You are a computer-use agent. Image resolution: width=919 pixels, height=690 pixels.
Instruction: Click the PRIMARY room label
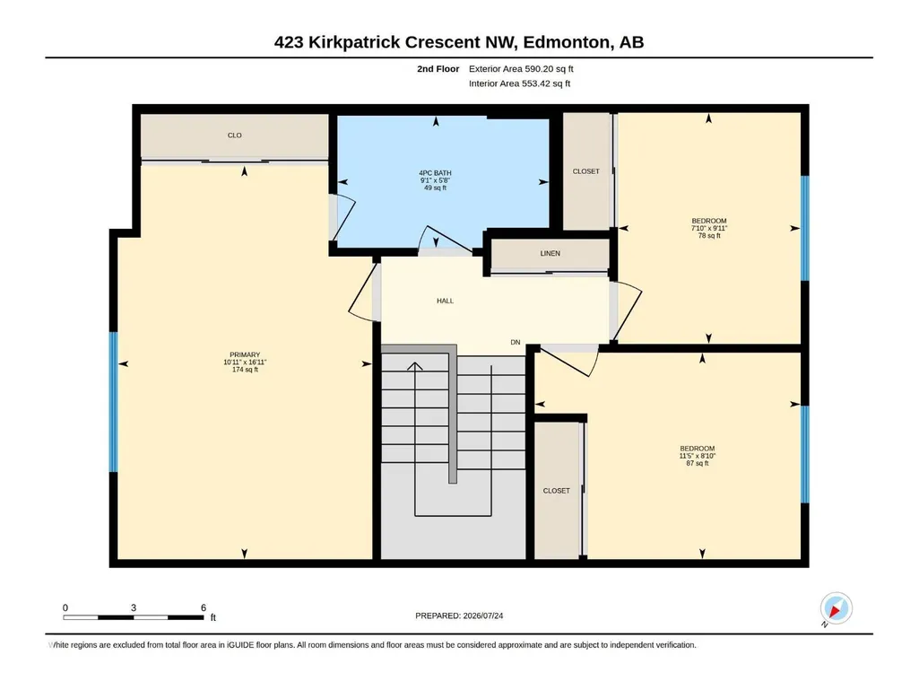[x=245, y=354]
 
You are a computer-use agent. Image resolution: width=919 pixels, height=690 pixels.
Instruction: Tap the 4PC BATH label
[x=435, y=173]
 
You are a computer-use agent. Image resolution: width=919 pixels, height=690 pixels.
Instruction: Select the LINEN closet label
[x=550, y=253]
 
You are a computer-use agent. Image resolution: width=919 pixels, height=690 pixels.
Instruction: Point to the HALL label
[x=445, y=301]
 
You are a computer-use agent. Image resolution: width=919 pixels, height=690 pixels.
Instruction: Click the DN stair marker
[x=516, y=342]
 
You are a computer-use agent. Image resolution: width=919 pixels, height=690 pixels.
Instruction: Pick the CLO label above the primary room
[x=234, y=135]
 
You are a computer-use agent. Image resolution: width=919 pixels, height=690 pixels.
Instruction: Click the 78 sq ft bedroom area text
[x=709, y=236]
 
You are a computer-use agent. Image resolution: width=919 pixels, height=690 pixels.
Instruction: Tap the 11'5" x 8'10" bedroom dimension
[x=698, y=456]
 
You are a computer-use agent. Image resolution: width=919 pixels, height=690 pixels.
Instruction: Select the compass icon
[x=836, y=607]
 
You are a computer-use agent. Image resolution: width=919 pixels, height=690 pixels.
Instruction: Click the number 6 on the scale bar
[x=204, y=607]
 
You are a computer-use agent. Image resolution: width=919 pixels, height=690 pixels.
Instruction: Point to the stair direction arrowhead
[x=415, y=366]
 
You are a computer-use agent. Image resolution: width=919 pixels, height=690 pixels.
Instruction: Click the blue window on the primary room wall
[x=113, y=402]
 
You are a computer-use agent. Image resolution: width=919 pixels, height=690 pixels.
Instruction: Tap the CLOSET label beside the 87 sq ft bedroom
[x=556, y=491]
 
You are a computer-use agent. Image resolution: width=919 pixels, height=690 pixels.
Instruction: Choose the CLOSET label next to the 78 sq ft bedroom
[x=586, y=171]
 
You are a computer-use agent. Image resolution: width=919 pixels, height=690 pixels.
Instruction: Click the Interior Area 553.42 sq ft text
[x=519, y=83]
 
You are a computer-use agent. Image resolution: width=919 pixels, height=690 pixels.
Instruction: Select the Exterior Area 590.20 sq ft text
[x=521, y=69]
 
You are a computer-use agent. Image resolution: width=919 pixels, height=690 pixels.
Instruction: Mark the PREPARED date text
[x=459, y=616]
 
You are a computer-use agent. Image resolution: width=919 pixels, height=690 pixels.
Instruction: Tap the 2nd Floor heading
[x=438, y=69]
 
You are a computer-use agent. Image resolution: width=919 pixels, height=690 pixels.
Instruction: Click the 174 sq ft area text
[x=245, y=370]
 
